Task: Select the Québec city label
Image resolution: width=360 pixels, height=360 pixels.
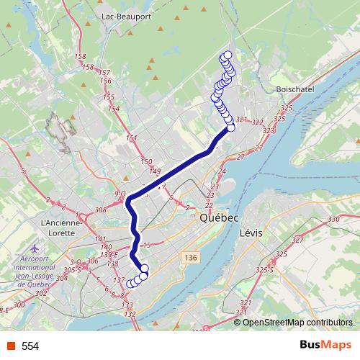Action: point(219,217)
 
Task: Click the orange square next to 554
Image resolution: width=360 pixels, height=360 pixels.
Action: point(11,346)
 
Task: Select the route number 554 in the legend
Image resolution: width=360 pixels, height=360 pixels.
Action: point(30,346)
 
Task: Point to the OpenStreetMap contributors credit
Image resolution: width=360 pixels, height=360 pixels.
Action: point(297,322)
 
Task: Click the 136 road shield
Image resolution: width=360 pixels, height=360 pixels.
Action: point(190,257)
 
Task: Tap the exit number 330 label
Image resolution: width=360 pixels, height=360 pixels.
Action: point(333,219)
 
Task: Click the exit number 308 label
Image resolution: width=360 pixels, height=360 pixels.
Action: point(100,210)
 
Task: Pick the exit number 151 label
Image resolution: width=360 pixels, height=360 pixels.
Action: point(131,138)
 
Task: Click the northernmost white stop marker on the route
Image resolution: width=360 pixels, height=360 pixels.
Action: point(228,55)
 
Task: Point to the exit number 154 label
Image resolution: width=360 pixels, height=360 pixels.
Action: point(113,108)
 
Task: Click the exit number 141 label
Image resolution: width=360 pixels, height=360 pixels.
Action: point(100,238)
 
